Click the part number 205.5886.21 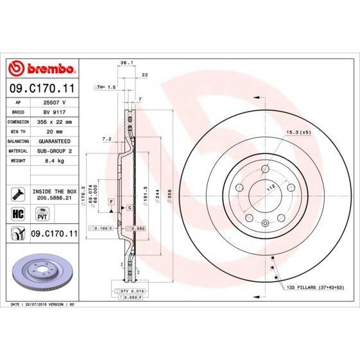pos(53,199)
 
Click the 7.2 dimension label pos(107,138)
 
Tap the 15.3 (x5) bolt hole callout pos(297,133)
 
